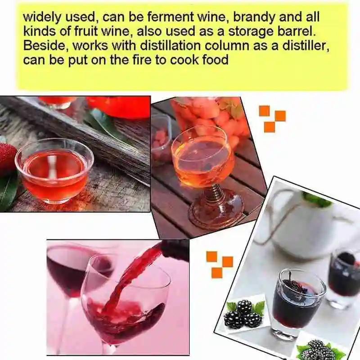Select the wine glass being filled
[126, 297]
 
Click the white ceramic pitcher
[306, 225]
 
